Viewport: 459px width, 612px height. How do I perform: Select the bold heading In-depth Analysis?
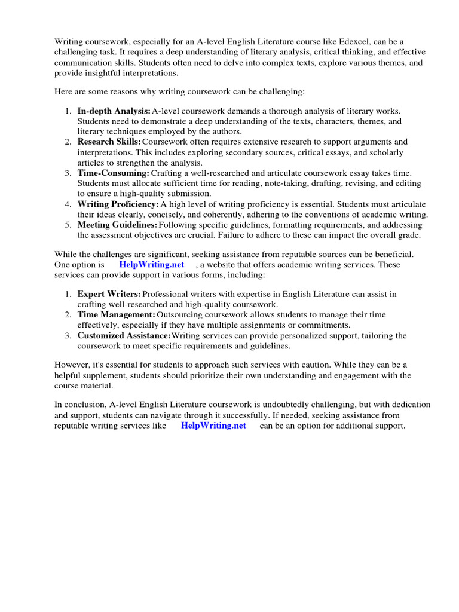coord(114,111)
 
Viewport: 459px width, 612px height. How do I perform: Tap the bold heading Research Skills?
coord(109,142)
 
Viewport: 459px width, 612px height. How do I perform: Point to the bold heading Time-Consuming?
coord(113,173)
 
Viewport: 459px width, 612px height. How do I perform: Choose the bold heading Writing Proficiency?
coord(118,204)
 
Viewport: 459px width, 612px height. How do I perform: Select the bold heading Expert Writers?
coord(109,294)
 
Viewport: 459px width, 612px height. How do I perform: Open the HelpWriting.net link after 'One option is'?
coord(152,265)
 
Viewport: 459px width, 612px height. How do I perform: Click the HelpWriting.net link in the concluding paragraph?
coord(213,426)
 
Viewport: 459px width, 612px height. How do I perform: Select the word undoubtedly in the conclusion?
coord(280,405)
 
